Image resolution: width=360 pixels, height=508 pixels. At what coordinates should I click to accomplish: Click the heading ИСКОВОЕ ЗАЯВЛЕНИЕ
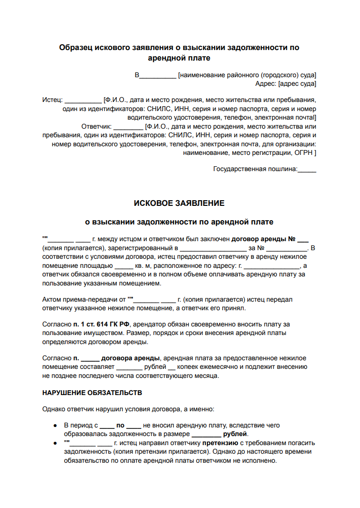coord(179,203)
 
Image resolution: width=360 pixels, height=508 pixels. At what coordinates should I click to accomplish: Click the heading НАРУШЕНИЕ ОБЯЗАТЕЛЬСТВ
coord(92,393)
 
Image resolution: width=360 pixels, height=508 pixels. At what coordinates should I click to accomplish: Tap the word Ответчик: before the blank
coord(96,126)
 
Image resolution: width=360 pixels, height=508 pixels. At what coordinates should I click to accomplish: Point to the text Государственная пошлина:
coord(255,169)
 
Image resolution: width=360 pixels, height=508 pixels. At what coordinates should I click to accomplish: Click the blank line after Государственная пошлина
coord(307,169)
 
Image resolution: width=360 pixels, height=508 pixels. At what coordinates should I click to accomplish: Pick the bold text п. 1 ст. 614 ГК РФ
coord(101,324)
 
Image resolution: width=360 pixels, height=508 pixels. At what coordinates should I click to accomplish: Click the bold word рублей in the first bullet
coord(235,434)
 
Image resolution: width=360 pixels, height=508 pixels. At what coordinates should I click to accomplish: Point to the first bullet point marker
coord(56,426)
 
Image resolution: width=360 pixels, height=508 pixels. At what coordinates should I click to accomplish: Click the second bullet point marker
coord(56,443)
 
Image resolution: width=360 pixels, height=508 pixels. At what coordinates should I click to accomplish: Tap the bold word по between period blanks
coord(121,425)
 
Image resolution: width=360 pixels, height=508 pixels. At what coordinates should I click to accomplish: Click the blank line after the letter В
coord(158,75)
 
